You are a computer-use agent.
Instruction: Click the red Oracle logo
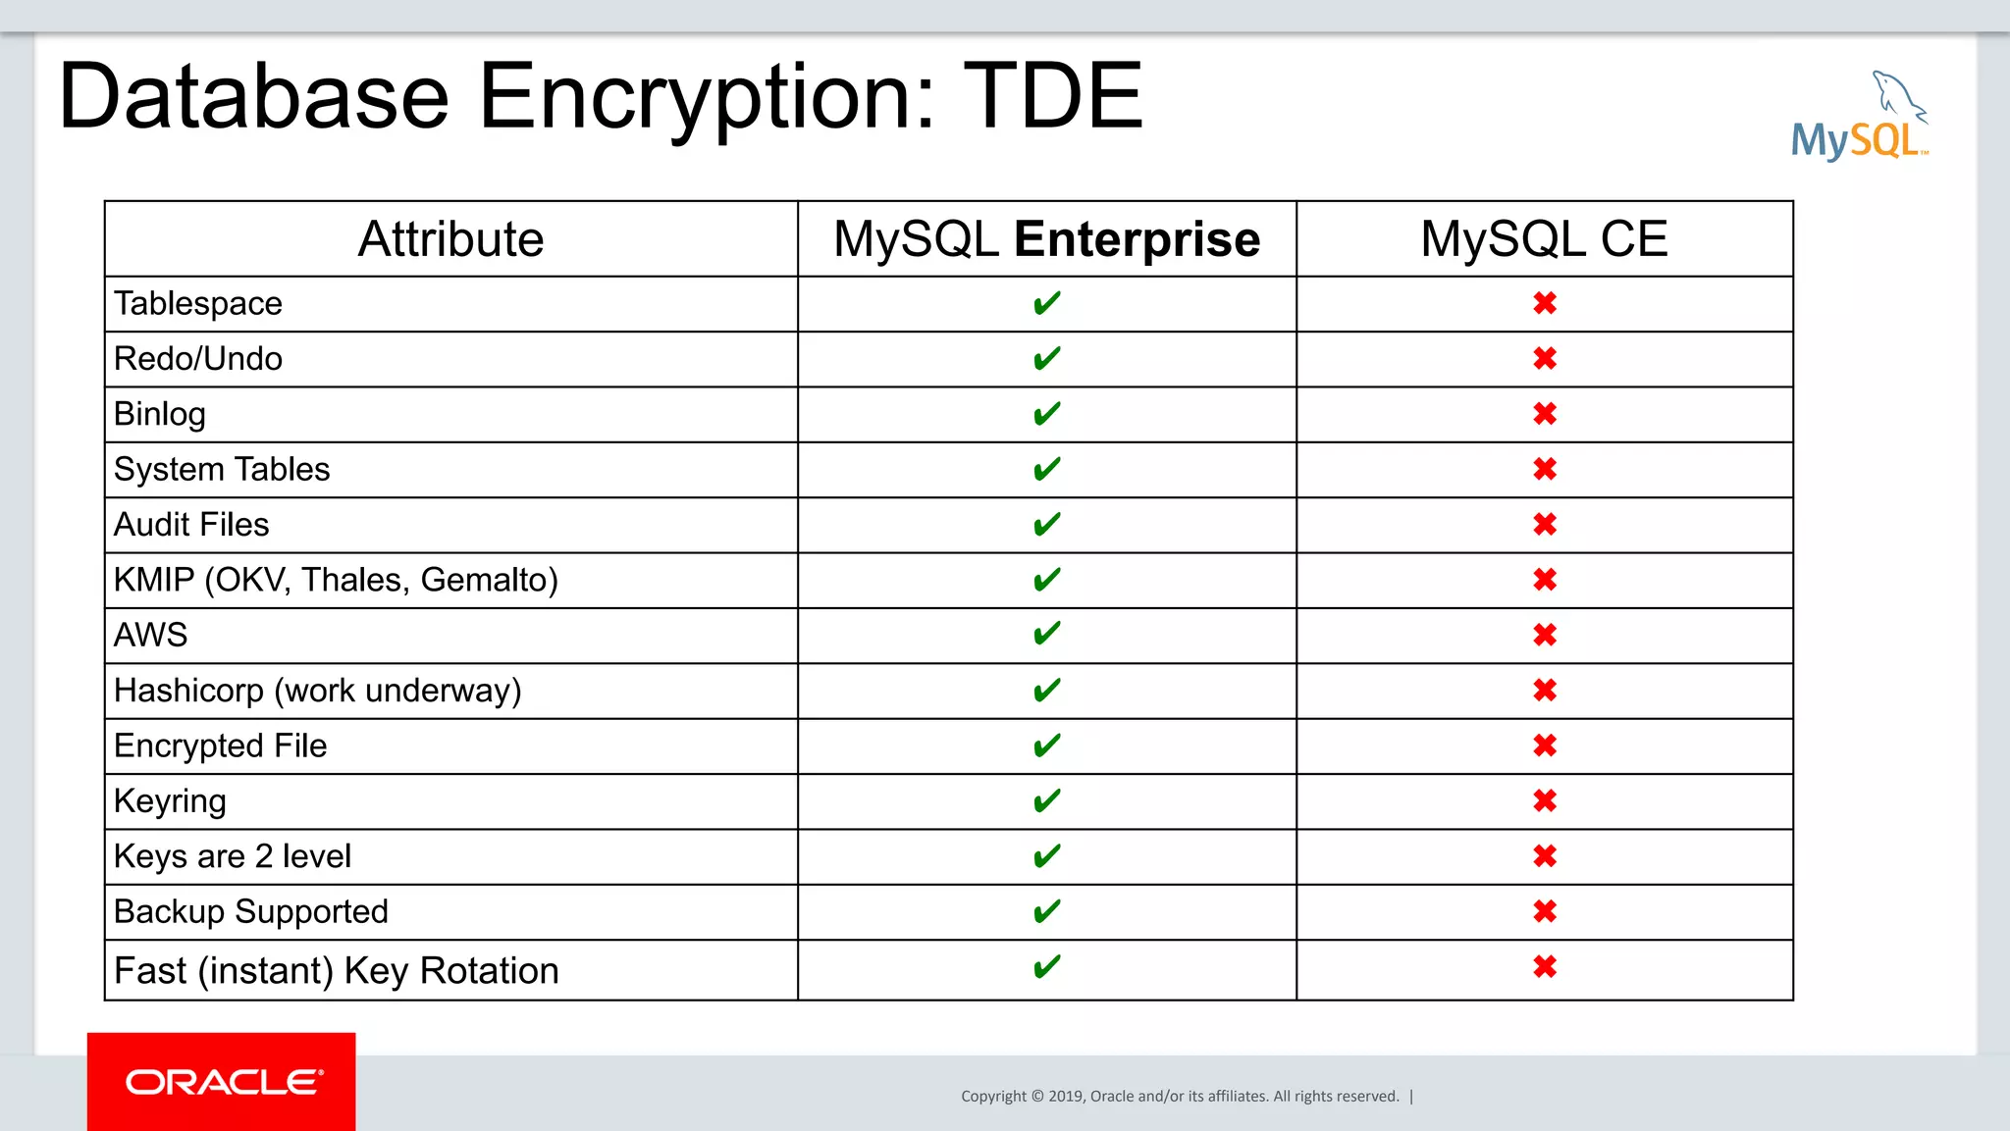(x=222, y=1082)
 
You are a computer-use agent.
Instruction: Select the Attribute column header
(x=450, y=239)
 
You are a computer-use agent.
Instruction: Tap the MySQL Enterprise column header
(x=1046, y=239)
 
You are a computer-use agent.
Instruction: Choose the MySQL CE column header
(x=1544, y=239)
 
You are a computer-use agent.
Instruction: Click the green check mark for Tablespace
(x=1046, y=304)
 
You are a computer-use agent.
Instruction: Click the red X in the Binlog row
(x=1545, y=414)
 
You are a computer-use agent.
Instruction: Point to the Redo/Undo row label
(x=198, y=359)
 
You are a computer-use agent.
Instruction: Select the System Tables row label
(x=222, y=470)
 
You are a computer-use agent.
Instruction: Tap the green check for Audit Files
(x=1046, y=525)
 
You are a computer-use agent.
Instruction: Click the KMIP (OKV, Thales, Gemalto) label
(x=336, y=581)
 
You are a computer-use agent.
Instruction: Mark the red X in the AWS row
(x=1545, y=636)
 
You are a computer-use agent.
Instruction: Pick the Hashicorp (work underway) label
(x=317, y=691)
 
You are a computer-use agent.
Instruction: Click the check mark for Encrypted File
(x=1046, y=746)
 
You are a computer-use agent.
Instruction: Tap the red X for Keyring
(x=1545, y=801)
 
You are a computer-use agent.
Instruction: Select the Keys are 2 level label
(x=232, y=856)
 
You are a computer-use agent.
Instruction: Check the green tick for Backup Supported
(x=1046, y=912)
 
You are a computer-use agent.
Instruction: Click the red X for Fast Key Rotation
(x=1545, y=968)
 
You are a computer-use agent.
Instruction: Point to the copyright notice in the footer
(x=1180, y=1097)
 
